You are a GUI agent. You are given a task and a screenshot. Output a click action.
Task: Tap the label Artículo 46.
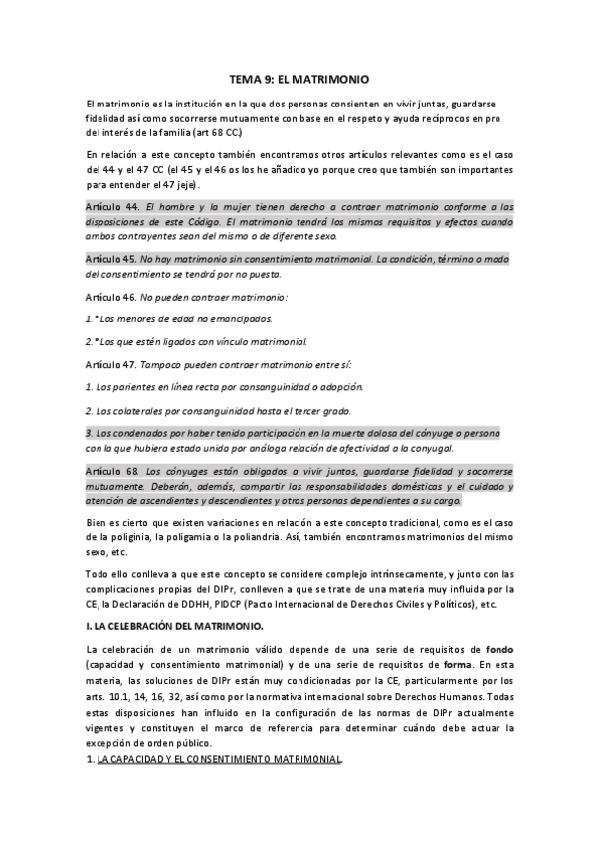(x=108, y=297)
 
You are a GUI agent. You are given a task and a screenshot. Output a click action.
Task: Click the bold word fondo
(x=494, y=649)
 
